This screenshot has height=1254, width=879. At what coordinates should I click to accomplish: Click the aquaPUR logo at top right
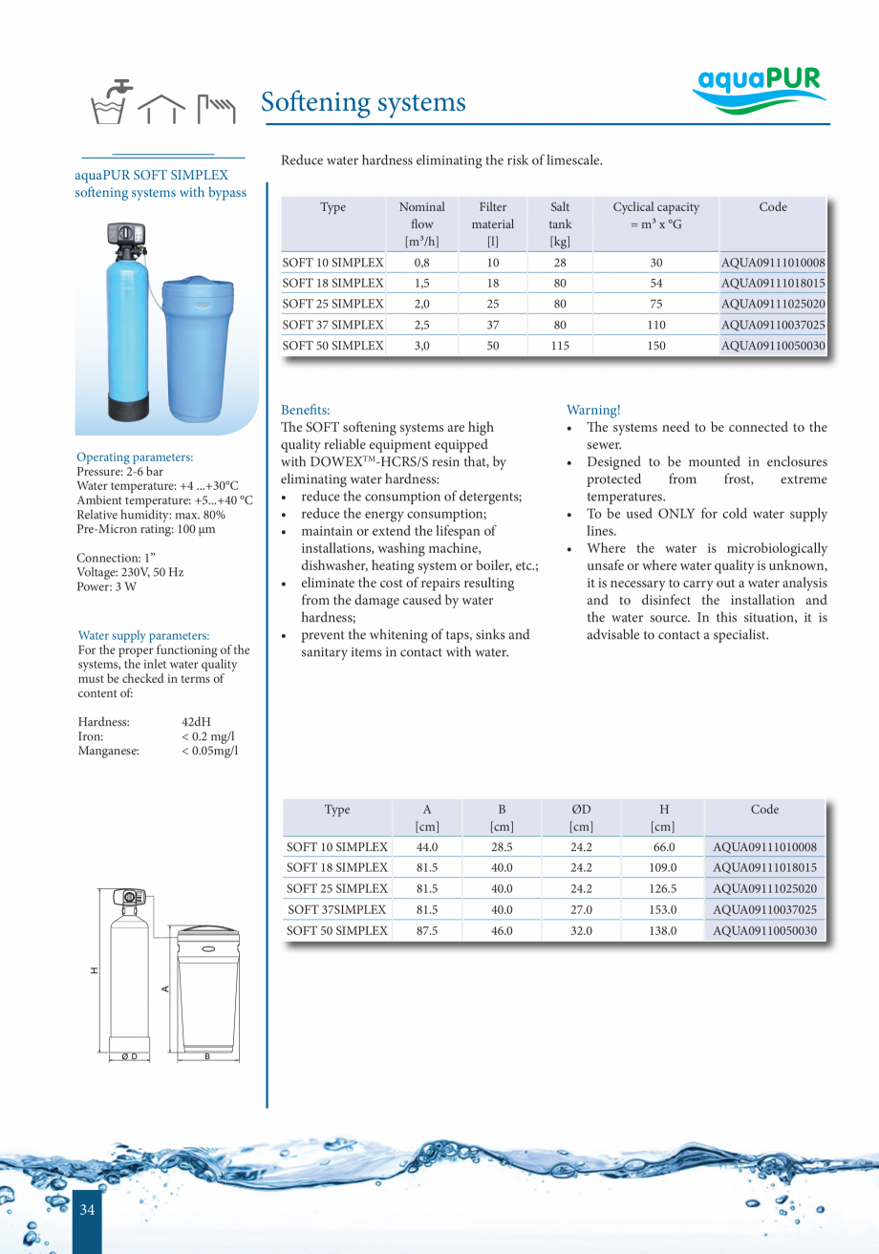pos(759,89)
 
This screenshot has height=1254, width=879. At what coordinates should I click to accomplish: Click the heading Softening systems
pos(363,102)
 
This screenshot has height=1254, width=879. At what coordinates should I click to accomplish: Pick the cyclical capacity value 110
pos(655,326)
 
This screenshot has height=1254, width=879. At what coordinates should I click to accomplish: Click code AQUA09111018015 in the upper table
pos(773,284)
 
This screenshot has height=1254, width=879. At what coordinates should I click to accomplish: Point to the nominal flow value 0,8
pos(421,263)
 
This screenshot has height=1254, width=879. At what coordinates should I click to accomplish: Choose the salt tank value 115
pos(560,347)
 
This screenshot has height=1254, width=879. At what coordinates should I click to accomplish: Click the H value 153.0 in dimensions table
pos(662,910)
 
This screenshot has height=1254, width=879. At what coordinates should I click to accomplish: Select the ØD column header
pos(581,818)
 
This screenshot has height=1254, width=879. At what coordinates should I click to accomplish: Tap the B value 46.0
pos(502,931)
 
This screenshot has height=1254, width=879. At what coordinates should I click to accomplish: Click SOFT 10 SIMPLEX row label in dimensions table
pos(337,847)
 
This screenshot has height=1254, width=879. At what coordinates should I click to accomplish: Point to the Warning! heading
pos(593,410)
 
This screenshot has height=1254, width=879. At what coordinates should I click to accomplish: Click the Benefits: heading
pos(305,410)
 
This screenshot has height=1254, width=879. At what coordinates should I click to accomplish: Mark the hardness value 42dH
pos(196,722)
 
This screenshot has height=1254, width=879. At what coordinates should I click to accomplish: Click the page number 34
pos(87,1210)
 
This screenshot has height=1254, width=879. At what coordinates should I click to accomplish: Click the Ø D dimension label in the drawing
pos(129,1056)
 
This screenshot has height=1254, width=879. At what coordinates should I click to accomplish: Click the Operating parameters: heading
pos(135,457)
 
